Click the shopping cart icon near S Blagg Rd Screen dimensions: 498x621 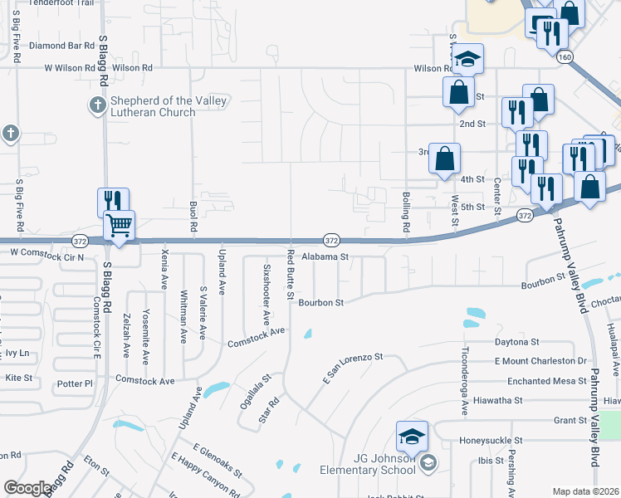coord(120,227)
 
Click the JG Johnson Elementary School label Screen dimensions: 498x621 coord(368,464)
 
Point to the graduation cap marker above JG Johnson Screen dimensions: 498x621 coord(413,436)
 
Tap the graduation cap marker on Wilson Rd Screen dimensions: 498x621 coord(467,58)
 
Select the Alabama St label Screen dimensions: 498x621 coord(325,257)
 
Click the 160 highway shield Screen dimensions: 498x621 coord(565,56)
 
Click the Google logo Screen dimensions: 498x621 coord(28,489)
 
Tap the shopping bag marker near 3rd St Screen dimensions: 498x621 coord(445,158)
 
